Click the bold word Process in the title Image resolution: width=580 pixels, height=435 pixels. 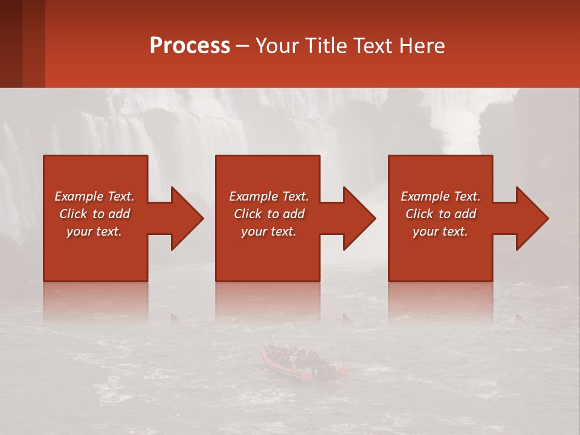190,46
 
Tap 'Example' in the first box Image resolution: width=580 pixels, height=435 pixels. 79,196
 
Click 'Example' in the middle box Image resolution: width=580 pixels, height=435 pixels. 254,196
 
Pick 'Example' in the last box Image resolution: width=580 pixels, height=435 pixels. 425,196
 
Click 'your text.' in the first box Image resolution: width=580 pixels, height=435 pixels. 94,231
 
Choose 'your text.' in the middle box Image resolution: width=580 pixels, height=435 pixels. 269,231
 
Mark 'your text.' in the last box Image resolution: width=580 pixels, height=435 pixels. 440,231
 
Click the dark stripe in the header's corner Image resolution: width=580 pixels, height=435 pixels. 11,43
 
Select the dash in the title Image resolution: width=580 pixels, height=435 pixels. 243,46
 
